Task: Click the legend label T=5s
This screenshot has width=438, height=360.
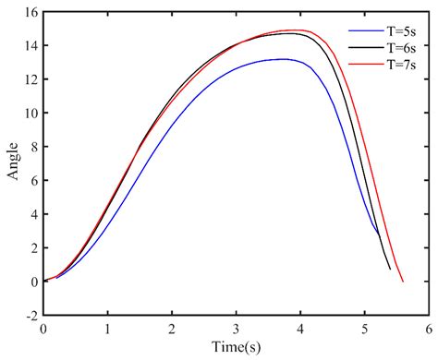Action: (x=399, y=28)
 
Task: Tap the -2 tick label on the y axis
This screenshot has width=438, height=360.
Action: (x=29, y=315)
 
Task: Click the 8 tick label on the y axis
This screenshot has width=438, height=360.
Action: (x=32, y=147)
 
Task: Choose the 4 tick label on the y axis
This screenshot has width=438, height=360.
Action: (x=32, y=214)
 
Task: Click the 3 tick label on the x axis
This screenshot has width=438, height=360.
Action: (x=236, y=328)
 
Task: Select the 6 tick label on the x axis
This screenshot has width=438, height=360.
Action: (x=428, y=328)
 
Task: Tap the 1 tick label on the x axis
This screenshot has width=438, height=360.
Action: (x=107, y=328)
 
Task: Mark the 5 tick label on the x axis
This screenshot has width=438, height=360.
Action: (x=364, y=328)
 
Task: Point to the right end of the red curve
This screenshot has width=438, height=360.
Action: (x=402, y=282)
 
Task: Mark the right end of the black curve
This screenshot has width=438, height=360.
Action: (x=390, y=269)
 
